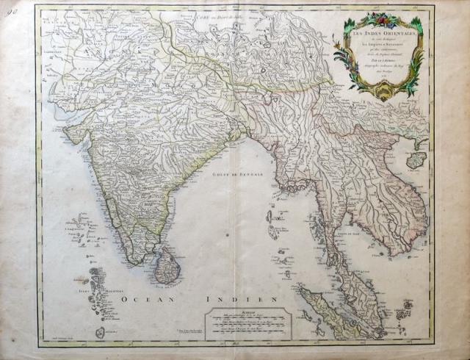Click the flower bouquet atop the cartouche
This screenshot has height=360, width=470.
pos(377,18)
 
